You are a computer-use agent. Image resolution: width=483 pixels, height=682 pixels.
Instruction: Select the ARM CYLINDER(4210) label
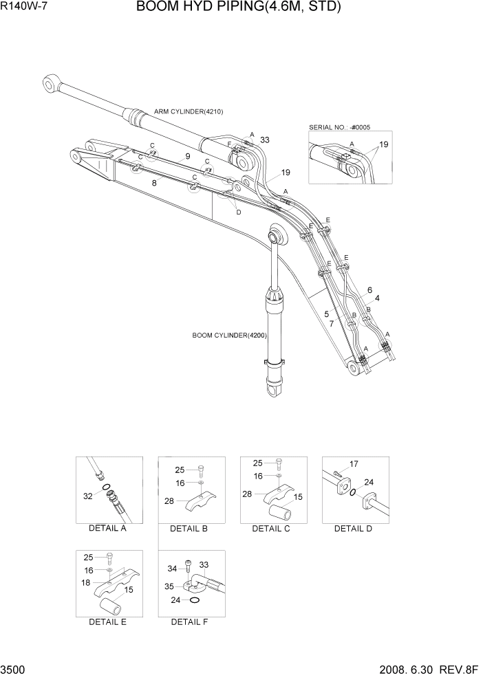[x=189, y=111]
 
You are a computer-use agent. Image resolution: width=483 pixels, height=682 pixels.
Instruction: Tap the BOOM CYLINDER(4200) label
[x=229, y=335]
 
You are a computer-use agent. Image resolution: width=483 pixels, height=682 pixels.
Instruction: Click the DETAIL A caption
[x=107, y=529]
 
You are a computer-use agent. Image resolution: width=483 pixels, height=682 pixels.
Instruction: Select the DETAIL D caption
[x=353, y=529]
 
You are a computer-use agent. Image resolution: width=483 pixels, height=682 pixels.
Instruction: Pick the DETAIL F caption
[x=189, y=622]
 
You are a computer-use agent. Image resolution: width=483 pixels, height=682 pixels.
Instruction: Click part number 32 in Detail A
[x=87, y=495]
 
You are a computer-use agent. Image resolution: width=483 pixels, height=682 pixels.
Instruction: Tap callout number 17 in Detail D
[x=355, y=464]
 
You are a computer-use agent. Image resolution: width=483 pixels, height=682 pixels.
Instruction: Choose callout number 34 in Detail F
[x=172, y=569]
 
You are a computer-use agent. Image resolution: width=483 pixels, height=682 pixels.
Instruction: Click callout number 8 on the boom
[x=154, y=184]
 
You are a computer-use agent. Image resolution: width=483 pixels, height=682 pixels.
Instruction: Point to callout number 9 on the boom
[x=187, y=157]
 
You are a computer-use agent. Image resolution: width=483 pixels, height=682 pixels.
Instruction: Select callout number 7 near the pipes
[x=332, y=323]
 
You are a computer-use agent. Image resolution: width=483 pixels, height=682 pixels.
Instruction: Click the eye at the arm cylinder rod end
[x=50, y=85]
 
